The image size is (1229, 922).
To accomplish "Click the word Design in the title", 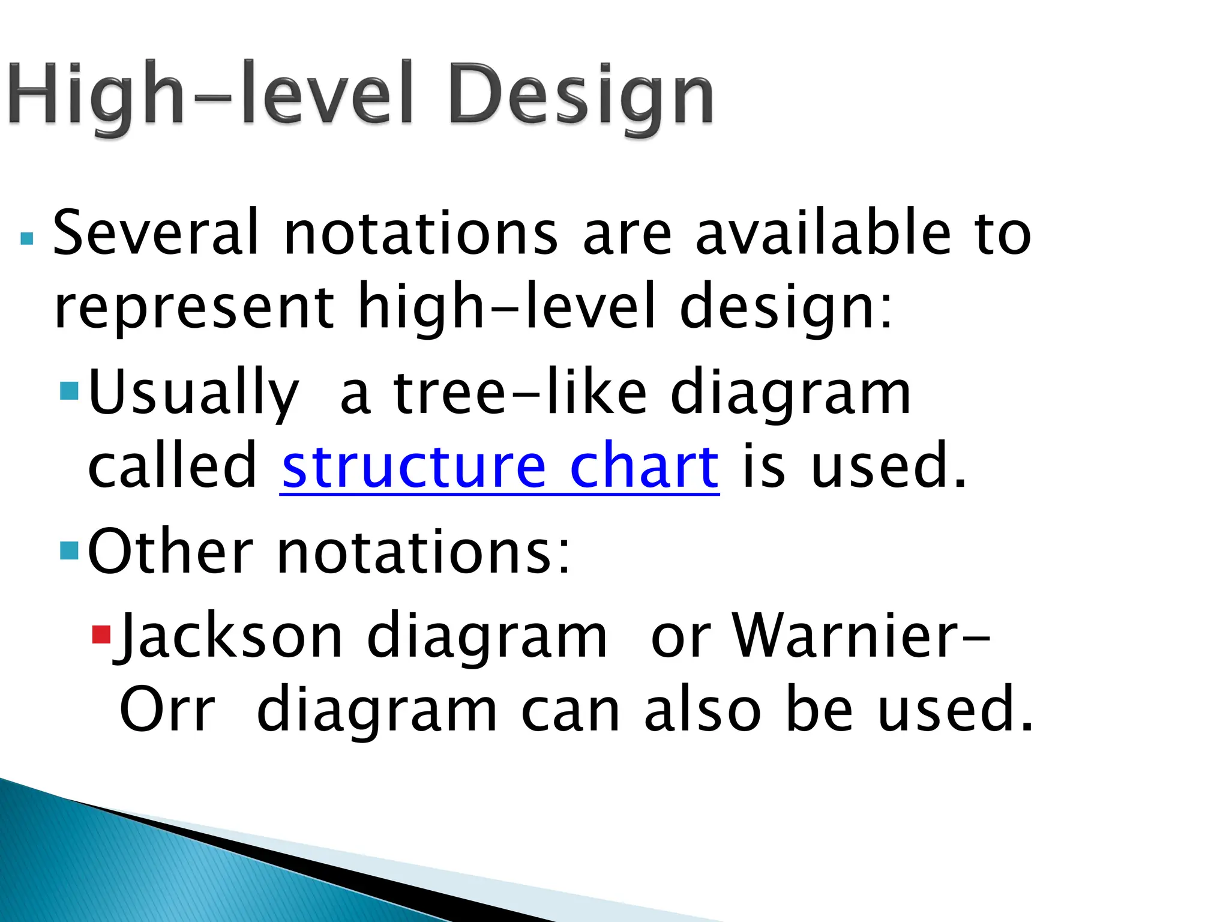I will [x=581, y=96].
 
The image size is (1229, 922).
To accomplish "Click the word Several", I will [x=156, y=233].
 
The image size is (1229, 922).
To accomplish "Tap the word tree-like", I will [x=520, y=393].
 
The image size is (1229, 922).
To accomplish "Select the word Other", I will [x=170, y=552].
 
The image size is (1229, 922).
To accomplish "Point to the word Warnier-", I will [x=862, y=636].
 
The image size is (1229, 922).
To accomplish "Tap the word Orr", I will [x=167, y=711].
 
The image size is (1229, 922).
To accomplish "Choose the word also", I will [x=703, y=711].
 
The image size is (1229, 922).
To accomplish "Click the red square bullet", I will [x=101, y=634].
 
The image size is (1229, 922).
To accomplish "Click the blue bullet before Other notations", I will [x=70, y=550].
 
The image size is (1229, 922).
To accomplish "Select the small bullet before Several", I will [x=26, y=239].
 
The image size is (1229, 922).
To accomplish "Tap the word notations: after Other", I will [x=424, y=552].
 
